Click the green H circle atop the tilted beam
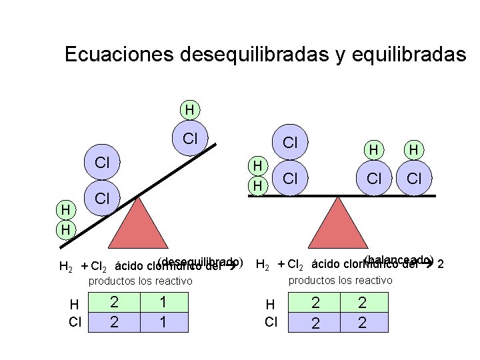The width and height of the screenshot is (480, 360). coord(190,109)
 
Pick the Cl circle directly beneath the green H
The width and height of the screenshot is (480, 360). coord(190,139)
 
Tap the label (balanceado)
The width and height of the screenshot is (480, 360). coord(400,259)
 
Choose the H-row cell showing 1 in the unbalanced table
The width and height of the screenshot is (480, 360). coord(162,302)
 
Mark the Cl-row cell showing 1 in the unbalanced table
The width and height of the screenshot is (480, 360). coord(162,322)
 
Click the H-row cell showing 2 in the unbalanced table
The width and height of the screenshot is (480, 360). coord(114,302)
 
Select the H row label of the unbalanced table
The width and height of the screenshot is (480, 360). coord(75,305)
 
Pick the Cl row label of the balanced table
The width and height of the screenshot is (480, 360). coord(271,323)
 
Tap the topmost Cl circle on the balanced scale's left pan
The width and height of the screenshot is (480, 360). coord(290,143)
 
